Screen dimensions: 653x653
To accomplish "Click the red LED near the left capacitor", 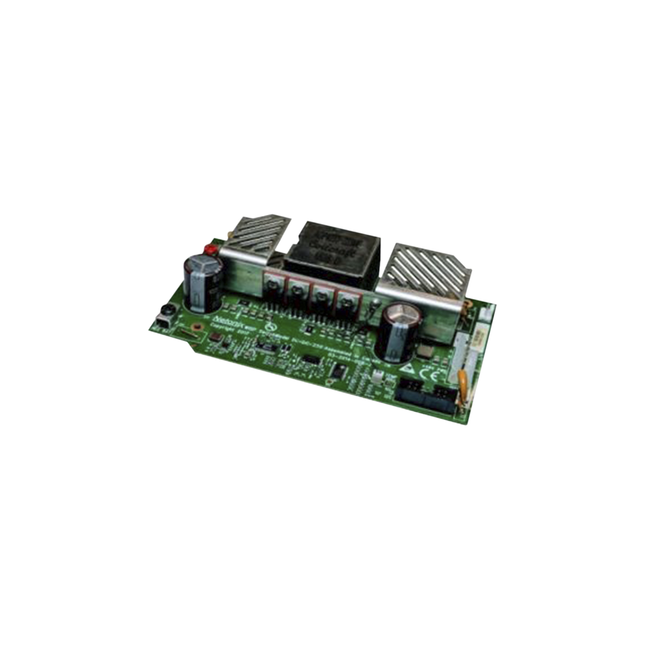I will pyautogui.click(x=211, y=249).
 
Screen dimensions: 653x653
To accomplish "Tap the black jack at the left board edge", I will pyautogui.click(x=165, y=320).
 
